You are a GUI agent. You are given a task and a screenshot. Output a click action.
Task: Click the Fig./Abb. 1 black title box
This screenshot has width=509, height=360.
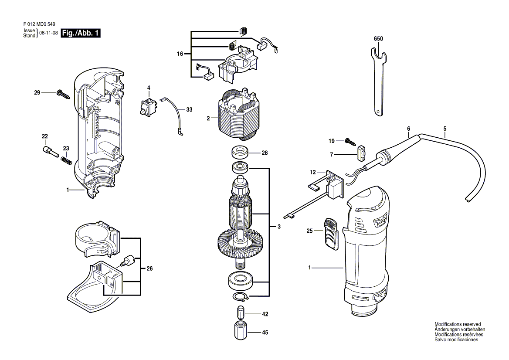[81, 34]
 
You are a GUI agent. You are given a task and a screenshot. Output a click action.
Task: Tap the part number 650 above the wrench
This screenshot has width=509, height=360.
[378, 39]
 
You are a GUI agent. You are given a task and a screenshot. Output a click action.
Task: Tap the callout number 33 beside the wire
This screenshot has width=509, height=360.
[189, 110]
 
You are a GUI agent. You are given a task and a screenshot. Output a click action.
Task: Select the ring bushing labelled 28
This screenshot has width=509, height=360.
[239, 153]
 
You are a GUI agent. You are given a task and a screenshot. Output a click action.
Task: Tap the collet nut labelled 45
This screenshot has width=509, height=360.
[240, 332]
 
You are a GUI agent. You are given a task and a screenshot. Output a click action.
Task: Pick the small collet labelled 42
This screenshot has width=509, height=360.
[240, 313]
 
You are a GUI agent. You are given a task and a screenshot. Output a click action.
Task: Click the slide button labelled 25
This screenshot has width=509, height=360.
[331, 233]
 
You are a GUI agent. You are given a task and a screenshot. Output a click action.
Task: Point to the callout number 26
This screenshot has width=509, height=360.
[149, 269]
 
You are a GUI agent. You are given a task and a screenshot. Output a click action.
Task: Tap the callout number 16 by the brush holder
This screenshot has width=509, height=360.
[180, 54]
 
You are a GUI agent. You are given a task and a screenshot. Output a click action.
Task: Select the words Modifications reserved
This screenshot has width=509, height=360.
[457, 324]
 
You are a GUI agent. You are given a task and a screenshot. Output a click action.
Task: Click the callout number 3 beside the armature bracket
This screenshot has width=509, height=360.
[278, 227]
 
